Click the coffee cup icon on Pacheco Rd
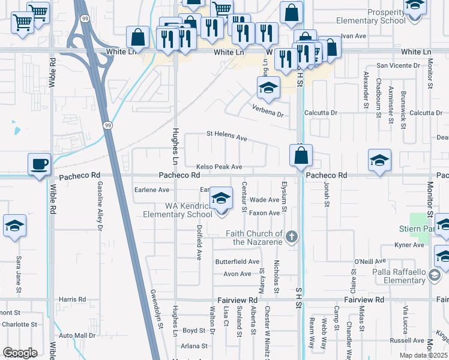[40, 163]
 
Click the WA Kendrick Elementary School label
[188, 210]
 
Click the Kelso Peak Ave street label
[219, 167]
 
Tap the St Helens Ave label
[226, 136]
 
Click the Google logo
[20, 353]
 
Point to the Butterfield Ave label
[238, 262]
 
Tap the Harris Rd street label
[72, 299]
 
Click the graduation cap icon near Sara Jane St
[14, 226]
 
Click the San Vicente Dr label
[399, 65]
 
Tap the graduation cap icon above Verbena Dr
[268, 88]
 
